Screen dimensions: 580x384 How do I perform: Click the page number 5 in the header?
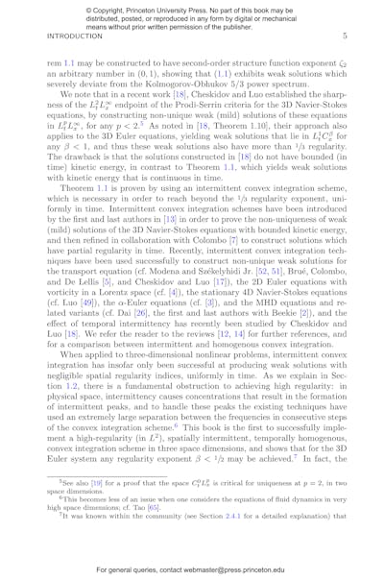coord(356,36)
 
